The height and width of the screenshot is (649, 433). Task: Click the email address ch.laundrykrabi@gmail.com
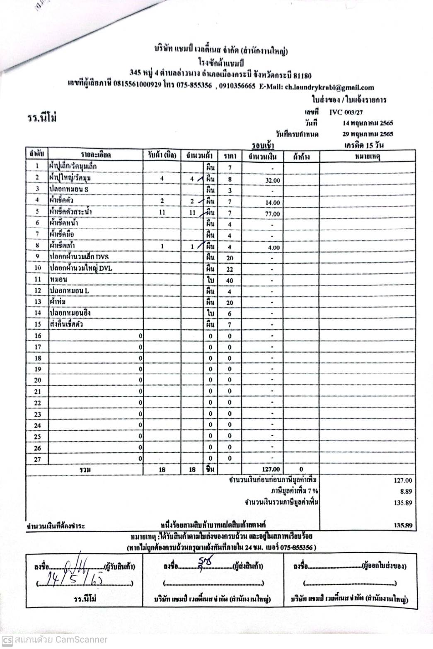[x=329, y=87]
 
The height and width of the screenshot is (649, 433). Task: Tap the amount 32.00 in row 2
[x=272, y=181]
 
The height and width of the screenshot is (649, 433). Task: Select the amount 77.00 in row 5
[x=272, y=214]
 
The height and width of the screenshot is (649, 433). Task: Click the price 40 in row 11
[x=230, y=281]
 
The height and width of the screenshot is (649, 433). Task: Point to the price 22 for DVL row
[x=230, y=270]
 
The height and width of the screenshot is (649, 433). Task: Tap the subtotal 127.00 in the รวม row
[x=271, y=469]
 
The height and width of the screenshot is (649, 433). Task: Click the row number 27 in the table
[x=37, y=459]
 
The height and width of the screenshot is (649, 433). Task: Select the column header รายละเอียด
[x=96, y=155]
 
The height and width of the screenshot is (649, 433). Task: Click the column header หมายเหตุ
[x=368, y=156]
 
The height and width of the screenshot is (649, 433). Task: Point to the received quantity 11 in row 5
[x=162, y=212]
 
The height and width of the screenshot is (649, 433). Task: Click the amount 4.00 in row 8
[x=273, y=248]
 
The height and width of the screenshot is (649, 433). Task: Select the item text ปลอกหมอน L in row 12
[x=69, y=291]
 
